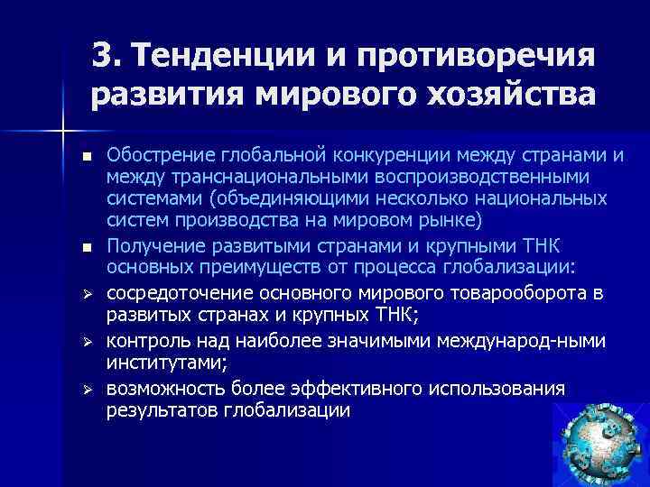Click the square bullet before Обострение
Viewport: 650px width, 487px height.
(86, 158)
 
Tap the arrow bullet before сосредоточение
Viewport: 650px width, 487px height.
(86, 293)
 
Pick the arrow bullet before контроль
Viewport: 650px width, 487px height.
(86, 342)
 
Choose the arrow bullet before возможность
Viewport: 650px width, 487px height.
(86, 388)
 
